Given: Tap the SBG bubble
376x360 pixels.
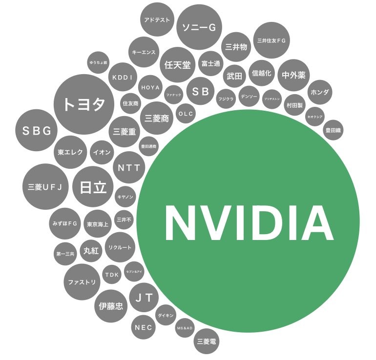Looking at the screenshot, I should (x=37, y=130).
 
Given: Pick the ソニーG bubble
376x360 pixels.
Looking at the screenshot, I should (x=198, y=27).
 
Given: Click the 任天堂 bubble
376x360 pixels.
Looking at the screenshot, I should (x=178, y=64).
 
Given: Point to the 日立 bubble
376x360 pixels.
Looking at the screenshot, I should (x=93, y=187).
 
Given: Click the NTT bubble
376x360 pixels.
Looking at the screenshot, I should (x=129, y=168).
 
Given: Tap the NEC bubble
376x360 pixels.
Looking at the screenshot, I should (x=144, y=327).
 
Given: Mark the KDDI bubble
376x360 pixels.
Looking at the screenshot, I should (x=122, y=77).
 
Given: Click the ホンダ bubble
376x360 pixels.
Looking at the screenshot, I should (x=320, y=92).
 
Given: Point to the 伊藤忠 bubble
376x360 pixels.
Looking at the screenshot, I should (x=111, y=306).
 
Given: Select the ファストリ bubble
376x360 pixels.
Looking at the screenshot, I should (x=82, y=282).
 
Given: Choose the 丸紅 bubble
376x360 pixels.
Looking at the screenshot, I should (x=91, y=250).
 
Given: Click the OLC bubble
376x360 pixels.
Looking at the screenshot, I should (x=186, y=114).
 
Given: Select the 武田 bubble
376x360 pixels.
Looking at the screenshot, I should (x=233, y=76).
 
